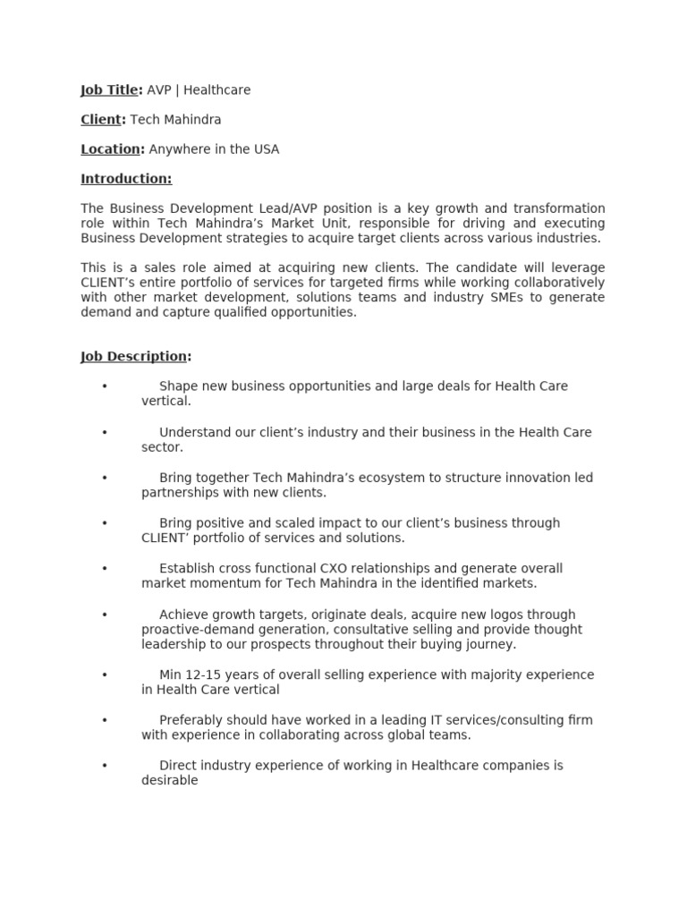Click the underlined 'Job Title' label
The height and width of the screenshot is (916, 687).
[x=109, y=90]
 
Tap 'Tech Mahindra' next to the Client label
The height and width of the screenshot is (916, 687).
[x=175, y=120]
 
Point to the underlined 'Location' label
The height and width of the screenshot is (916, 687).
[x=110, y=149]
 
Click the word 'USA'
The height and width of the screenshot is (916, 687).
[x=266, y=149]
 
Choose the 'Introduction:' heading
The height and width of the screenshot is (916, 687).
[x=126, y=179]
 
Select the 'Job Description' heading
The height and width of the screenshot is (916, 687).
[x=134, y=357]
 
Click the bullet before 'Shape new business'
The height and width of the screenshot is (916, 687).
[x=105, y=386]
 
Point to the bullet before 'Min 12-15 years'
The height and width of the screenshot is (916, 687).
[x=105, y=674]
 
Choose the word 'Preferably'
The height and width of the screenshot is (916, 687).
[x=191, y=720]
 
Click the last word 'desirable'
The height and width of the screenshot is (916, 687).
[x=169, y=780]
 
